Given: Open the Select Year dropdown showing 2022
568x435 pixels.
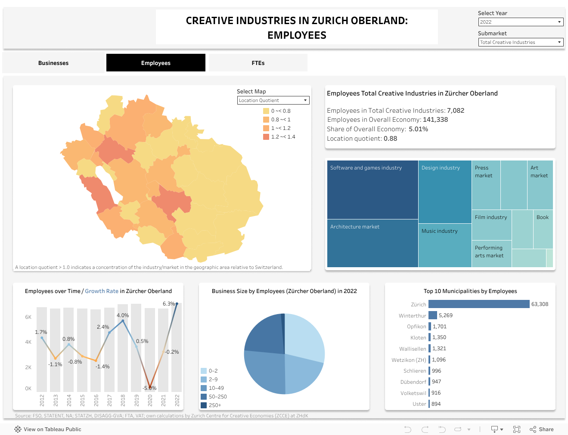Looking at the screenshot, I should (521, 22).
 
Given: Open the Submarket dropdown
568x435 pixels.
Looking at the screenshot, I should (521, 42).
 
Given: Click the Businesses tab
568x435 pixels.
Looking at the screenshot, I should (53, 63).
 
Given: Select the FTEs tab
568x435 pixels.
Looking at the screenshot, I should (258, 63).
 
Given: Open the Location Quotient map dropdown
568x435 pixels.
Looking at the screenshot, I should (273, 100).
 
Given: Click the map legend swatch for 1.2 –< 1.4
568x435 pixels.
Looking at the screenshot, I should (266, 137).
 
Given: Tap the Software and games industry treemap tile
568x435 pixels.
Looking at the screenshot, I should (372, 189).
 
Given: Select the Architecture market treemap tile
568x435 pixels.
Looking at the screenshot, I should (372, 243).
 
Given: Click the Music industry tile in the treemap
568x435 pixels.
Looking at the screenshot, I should (445, 245).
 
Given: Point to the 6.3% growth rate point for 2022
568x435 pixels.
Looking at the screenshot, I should (177, 304).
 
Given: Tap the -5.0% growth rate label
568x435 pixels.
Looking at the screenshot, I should (150, 388).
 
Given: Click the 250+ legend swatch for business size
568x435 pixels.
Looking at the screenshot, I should (204, 405).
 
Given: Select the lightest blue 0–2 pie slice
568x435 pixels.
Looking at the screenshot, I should (304, 336).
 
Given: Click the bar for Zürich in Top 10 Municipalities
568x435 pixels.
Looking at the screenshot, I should (479, 304).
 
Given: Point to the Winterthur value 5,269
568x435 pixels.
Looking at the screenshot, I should (446, 315).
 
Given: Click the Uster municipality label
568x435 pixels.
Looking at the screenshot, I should (419, 404).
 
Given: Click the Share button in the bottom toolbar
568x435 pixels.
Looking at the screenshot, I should (542, 429).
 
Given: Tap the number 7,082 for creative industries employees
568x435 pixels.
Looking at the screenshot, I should (456, 111).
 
